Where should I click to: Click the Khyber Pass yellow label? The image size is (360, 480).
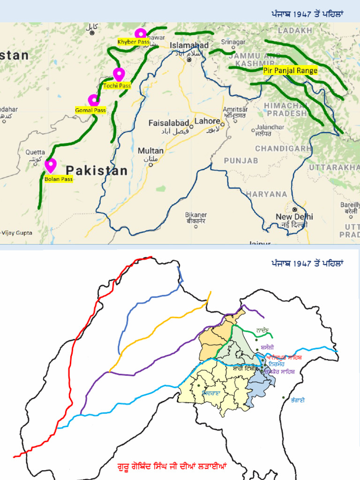coord(133,42)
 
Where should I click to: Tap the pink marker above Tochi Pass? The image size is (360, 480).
coord(119,74)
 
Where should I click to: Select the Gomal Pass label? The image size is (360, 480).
coord(90,110)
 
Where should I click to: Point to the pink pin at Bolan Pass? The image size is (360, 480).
coord(50,165)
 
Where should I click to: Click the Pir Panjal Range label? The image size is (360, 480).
coord(290,71)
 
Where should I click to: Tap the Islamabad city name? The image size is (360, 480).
coord(189,45)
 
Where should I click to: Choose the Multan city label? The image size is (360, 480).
coord(150,151)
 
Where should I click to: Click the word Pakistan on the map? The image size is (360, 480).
coord(97,171)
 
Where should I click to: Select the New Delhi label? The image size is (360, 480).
coord(294,217)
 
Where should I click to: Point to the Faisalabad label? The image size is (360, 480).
coord(169,123)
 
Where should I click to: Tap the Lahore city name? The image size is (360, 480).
coord(207,121)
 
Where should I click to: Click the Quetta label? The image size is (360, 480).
coord(35,152)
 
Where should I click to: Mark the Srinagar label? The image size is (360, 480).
coord(233,42)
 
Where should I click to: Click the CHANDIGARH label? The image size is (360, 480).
coord(283,149)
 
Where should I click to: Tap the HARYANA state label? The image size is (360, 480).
coord(266,194)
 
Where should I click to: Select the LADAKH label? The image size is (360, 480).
coord(295,30)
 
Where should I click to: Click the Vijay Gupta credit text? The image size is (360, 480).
coord(17,232)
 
